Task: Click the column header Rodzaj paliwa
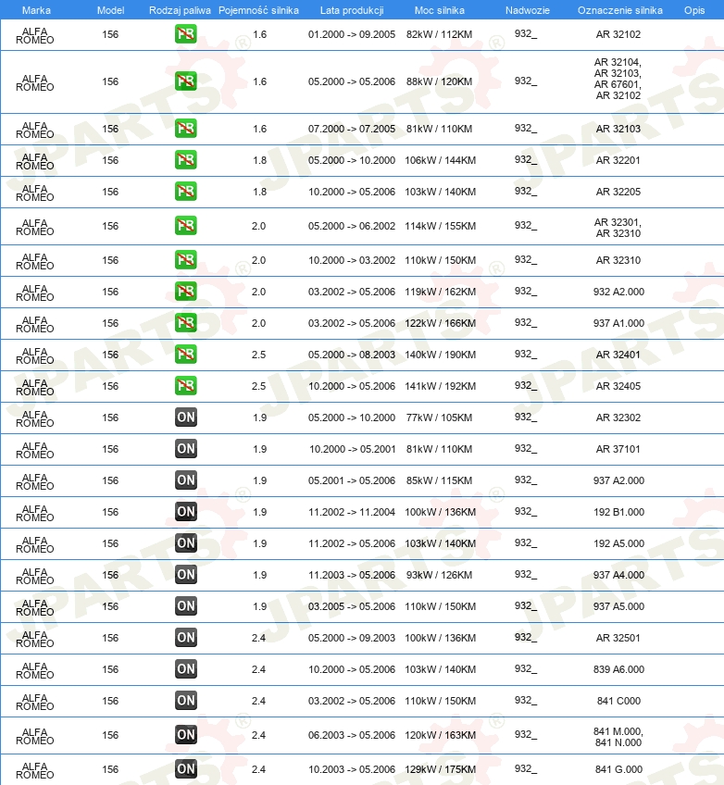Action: (180, 9)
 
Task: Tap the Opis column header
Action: (693, 9)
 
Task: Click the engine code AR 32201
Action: (618, 160)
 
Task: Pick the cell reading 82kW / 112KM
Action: (440, 34)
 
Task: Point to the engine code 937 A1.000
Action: (618, 323)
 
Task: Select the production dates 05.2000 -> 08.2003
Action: (352, 355)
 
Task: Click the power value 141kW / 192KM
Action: (440, 386)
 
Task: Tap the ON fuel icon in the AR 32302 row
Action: (186, 417)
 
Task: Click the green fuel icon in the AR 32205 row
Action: (186, 192)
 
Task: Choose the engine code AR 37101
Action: (618, 449)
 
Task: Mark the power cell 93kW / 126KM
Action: (440, 575)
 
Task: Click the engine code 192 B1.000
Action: (618, 512)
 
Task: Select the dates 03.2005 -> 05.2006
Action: (352, 606)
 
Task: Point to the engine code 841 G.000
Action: (618, 769)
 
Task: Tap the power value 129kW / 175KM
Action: (440, 769)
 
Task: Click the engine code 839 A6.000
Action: (618, 669)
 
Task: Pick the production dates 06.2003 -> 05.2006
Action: (352, 735)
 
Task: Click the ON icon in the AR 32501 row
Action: (186, 638)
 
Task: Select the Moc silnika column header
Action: (440, 9)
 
